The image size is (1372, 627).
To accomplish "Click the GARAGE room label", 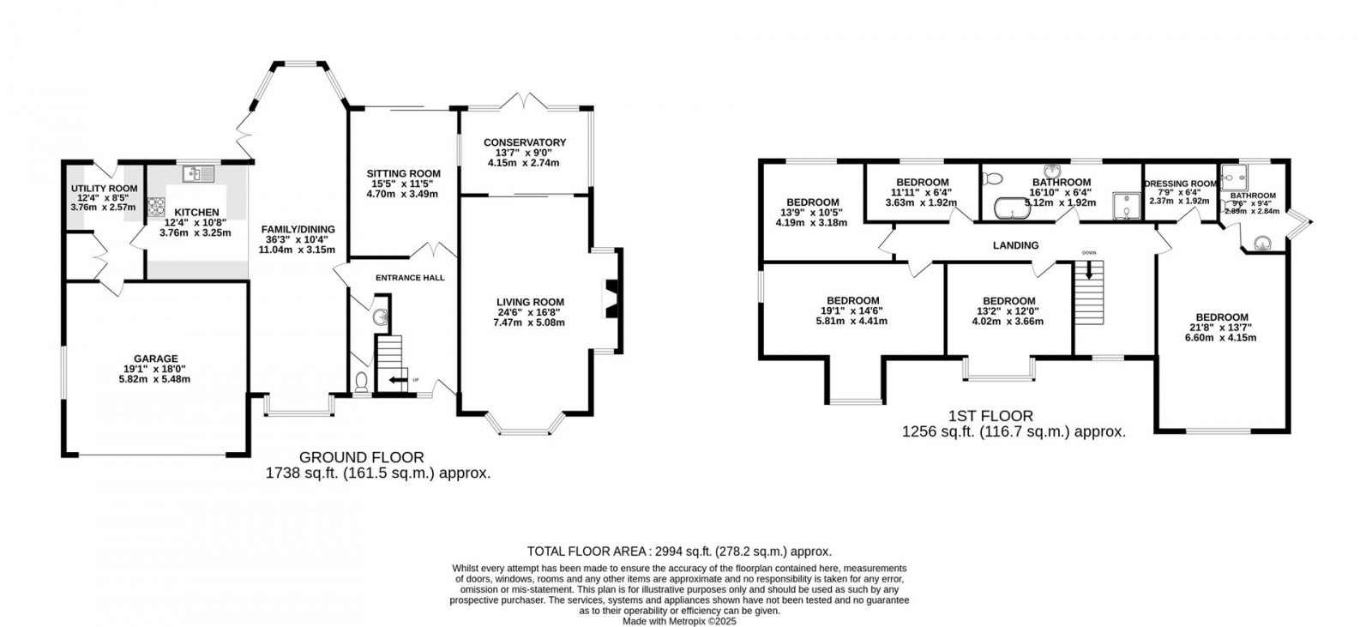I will (x=155, y=359).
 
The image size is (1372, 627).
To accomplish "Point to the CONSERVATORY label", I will (x=524, y=142).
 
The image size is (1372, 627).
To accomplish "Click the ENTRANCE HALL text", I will (x=410, y=278).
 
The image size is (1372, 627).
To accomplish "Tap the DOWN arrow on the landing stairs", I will (x=1089, y=270).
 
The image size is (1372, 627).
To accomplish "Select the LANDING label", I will (x=1015, y=245).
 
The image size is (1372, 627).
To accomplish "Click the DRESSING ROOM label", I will (x=1181, y=184).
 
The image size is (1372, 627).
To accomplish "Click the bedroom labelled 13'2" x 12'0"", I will (x=1008, y=301).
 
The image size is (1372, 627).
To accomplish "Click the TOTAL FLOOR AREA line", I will (x=679, y=552).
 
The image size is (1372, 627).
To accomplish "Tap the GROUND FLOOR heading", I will (x=361, y=457).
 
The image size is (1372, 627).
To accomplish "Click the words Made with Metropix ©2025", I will (x=679, y=622).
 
